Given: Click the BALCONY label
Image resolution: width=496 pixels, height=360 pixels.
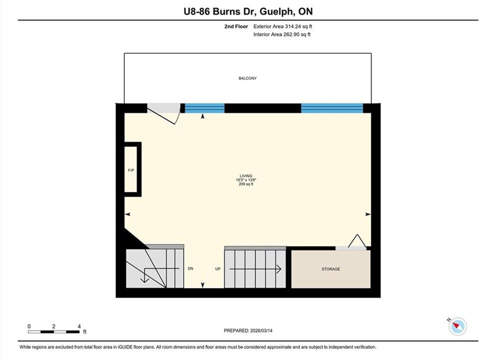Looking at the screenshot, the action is pos(247,78).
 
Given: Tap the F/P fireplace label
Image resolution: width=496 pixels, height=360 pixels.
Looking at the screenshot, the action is pos(131,170).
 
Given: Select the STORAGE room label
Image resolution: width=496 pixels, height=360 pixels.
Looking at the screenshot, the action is pos(331,269).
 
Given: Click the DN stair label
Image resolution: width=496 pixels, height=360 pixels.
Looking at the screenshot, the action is pos(190,268).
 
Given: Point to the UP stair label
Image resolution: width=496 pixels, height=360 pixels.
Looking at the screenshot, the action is pos(218,269).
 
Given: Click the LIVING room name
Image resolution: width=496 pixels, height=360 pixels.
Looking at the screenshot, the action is pos(246,175).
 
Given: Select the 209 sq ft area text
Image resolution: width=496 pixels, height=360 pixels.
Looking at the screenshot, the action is pos(246,184).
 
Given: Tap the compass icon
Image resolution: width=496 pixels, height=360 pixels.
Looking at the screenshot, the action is pos(458,326).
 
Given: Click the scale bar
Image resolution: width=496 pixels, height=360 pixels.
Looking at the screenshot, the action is pos(54,332).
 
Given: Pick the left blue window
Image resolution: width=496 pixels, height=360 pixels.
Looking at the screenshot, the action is pos(205,108).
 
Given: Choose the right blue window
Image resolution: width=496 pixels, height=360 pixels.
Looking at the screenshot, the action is pos(332,108).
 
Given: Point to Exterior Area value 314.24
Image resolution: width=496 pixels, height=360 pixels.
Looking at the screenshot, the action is pos(293,26).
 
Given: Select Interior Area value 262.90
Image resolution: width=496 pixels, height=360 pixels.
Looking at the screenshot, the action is pos(291,34).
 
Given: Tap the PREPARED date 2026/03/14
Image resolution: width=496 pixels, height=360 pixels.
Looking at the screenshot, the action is pos(261,330).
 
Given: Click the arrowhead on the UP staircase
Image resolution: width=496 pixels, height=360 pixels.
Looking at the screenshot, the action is pos(279,269).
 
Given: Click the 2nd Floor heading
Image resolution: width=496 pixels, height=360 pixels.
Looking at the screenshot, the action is pos(236,26).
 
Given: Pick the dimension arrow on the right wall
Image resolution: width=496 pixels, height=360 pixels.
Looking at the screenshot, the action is pos(368,214).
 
